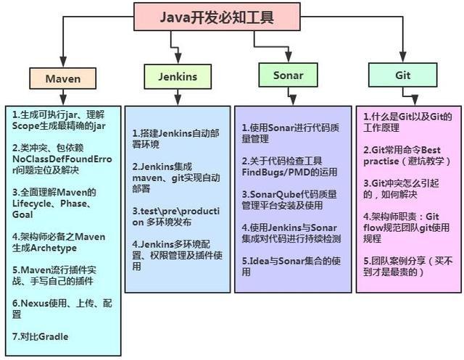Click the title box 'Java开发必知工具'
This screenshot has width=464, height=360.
(x=217, y=17)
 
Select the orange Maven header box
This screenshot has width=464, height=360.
(x=62, y=78)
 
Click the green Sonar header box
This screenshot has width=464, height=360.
(x=288, y=76)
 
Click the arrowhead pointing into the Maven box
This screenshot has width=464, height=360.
(x=62, y=64)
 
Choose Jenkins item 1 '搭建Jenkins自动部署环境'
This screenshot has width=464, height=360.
(x=175, y=138)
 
